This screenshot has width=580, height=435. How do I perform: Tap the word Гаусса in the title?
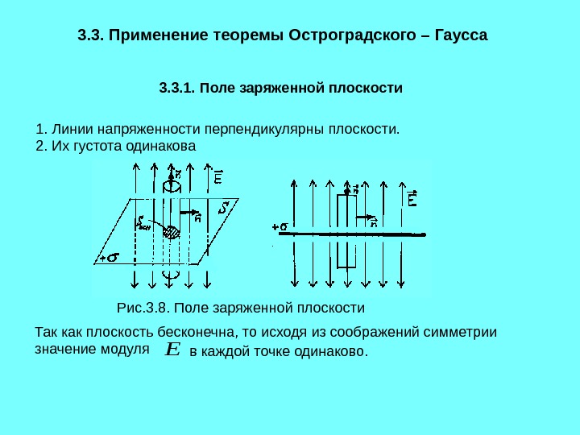[x=462, y=36]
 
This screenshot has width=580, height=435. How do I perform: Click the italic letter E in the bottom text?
[x=172, y=350]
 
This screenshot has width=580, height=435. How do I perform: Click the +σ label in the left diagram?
[x=108, y=258]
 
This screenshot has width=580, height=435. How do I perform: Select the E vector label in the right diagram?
[x=412, y=198]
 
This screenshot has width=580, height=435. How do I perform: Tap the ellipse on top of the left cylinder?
[x=171, y=185]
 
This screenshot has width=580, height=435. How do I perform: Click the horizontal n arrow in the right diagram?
[x=367, y=217]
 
